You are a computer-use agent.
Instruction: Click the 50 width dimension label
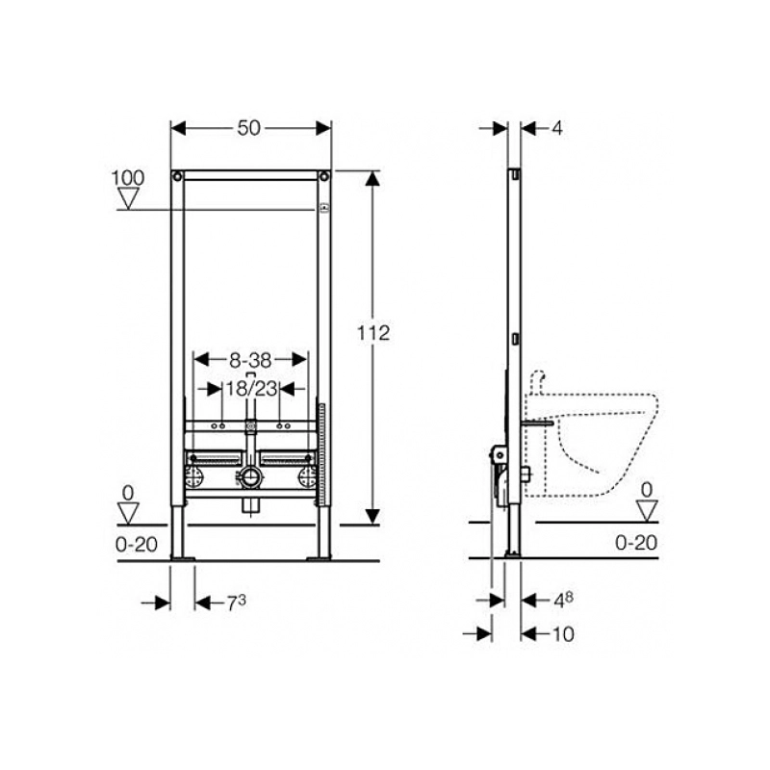[x=248, y=129]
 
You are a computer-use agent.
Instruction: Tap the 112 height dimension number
[x=373, y=333]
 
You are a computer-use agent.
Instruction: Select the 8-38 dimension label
[x=250, y=360]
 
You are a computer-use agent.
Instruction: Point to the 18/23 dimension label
[x=251, y=389]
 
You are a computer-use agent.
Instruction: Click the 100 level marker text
[x=128, y=178]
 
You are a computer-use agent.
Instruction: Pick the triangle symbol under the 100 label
[x=129, y=198]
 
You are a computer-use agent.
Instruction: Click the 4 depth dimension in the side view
[x=557, y=129]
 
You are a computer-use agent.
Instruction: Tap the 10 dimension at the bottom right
[x=563, y=634]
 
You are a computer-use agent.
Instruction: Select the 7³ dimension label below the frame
[x=236, y=603]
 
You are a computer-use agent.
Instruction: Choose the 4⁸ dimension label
[x=563, y=600]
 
